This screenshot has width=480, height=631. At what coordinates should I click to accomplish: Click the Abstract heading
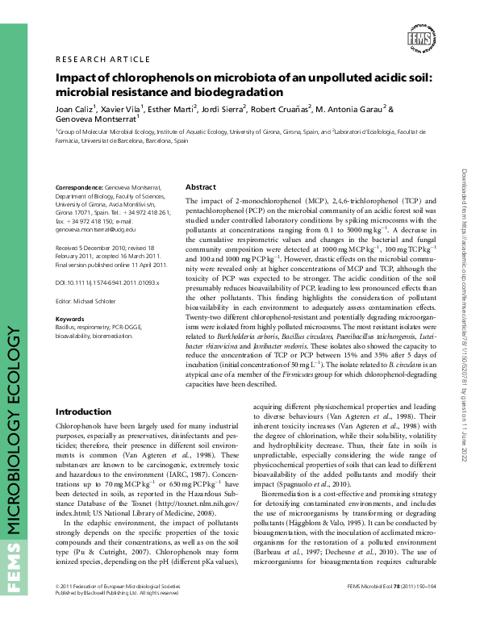point(201,186)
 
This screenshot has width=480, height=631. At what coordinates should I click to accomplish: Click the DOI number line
point(107,283)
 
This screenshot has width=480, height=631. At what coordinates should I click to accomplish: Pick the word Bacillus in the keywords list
point(66,326)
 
